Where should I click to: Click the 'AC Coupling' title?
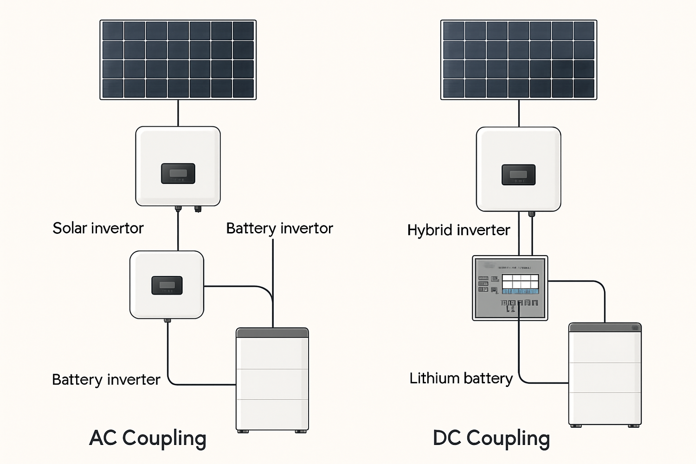tap(148, 438)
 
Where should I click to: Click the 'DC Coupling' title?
tap(491, 438)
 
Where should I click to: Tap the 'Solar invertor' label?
tap(98, 228)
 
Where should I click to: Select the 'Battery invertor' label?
tap(279, 228)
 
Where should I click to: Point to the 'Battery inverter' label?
tap(106, 380)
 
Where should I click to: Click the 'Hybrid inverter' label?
tap(458, 230)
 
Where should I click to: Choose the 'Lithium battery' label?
tap(461, 379)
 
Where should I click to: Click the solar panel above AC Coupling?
tap(178, 59)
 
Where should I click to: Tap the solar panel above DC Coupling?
tap(519, 59)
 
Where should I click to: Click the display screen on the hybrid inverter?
tap(518, 174)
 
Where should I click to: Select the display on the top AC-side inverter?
tap(178, 173)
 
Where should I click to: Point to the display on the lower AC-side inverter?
tap(167, 285)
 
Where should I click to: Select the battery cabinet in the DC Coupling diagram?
tap(605, 376)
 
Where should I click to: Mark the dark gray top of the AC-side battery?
tap(272, 333)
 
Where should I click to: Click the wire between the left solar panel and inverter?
tap(178, 113)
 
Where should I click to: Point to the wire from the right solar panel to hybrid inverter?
tap(519, 113)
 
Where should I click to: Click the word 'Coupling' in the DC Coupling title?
tap(508, 438)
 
